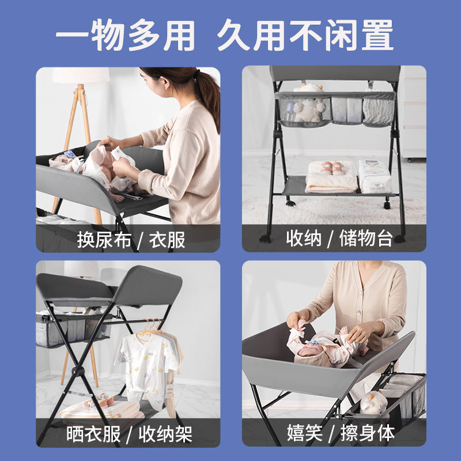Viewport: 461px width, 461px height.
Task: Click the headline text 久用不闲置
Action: (x=305, y=36)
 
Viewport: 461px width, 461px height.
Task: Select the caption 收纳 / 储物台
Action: (x=339, y=239)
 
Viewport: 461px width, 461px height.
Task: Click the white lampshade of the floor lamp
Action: (x=81, y=75)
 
